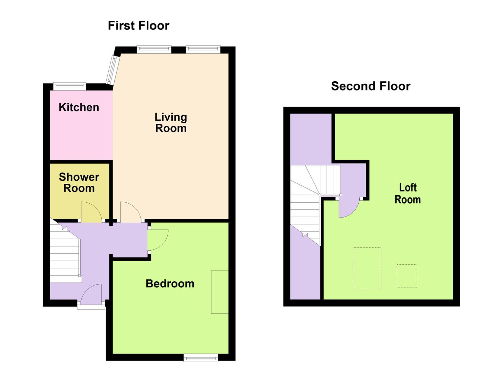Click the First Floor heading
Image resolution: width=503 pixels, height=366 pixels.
(x=139, y=26)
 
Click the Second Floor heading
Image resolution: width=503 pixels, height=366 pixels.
(x=371, y=86)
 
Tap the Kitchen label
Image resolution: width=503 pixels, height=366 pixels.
(x=79, y=107)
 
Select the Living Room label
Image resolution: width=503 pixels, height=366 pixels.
(x=171, y=123)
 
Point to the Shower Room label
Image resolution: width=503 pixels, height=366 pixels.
(x=79, y=182)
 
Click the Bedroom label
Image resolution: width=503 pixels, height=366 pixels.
(x=170, y=284)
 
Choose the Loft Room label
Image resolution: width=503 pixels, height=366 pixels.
(x=408, y=194)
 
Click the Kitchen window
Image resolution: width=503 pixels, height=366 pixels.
(x=70, y=86)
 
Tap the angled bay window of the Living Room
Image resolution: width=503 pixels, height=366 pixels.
(x=111, y=70)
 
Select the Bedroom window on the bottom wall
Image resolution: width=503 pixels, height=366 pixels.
(x=201, y=358)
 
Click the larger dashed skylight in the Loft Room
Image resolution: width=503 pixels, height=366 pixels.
(x=367, y=268)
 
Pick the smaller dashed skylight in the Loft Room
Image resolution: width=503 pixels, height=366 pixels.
(x=407, y=276)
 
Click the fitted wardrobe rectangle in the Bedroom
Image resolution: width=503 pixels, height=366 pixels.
(x=219, y=292)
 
